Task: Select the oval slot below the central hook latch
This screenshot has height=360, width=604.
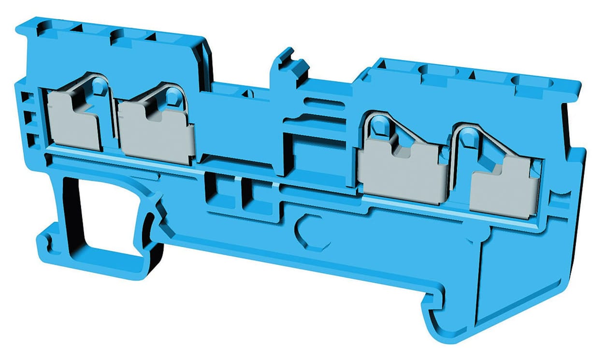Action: click(322, 103)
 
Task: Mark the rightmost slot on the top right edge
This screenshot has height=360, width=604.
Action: click(529, 82)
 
